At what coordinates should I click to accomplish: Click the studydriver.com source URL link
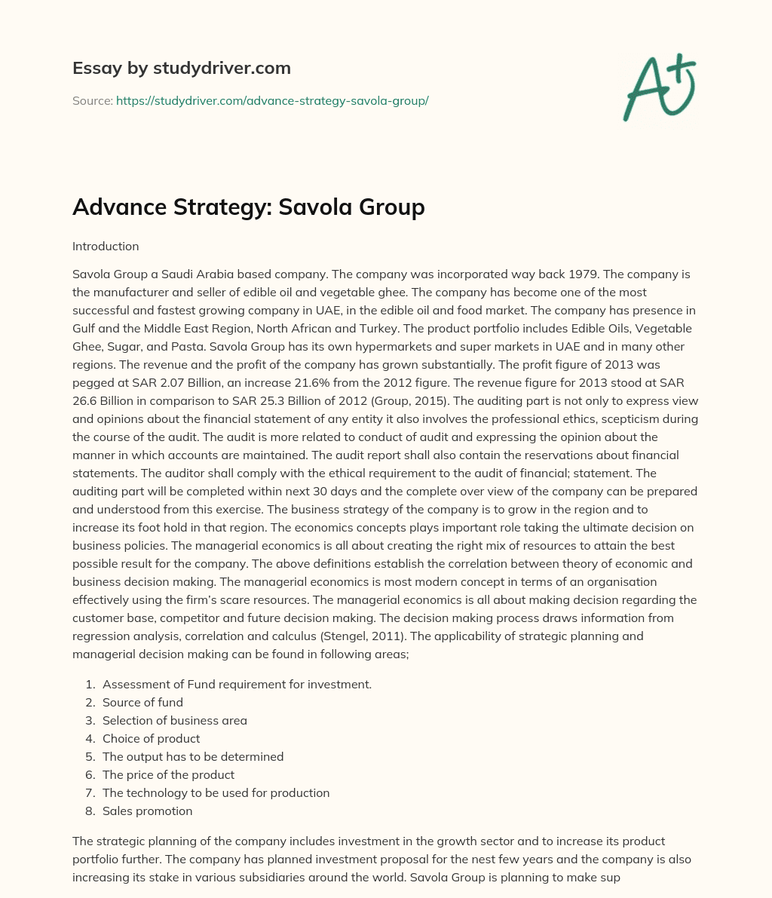pyautogui.click(x=272, y=100)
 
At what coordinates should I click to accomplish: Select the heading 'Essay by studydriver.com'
pyautogui.click(x=181, y=68)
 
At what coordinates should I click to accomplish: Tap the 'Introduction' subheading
pyautogui.click(x=106, y=247)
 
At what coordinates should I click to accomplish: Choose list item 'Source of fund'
pyautogui.click(x=142, y=702)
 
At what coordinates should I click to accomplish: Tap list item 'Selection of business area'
pyautogui.click(x=174, y=720)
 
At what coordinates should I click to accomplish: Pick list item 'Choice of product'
pyautogui.click(x=151, y=738)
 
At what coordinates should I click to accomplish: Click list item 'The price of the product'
pyautogui.click(x=168, y=774)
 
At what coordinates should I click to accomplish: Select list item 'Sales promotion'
pyautogui.click(x=147, y=811)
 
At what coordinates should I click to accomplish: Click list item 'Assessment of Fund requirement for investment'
pyautogui.click(x=237, y=684)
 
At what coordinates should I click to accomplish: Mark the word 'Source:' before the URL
pyautogui.click(x=92, y=100)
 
